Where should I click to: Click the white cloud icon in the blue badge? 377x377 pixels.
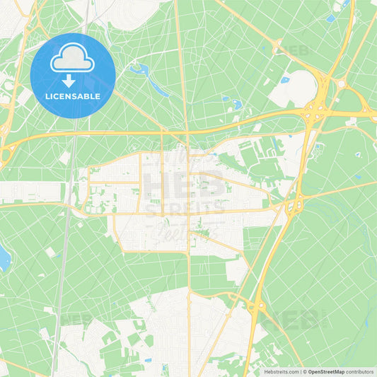click(x=72, y=59)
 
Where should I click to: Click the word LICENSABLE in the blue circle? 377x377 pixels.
click(x=73, y=96)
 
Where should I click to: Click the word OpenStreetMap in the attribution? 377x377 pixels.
click(x=326, y=371)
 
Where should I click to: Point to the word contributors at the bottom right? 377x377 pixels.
click(x=360, y=371)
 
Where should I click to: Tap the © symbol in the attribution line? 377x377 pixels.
click(x=304, y=371)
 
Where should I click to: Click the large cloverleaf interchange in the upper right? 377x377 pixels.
click(x=313, y=111)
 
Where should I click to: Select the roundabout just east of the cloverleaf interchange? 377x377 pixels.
click(x=341, y=83)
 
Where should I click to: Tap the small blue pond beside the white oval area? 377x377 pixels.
click(x=285, y=80)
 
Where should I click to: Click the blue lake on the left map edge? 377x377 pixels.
click(x=4, y=258)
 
